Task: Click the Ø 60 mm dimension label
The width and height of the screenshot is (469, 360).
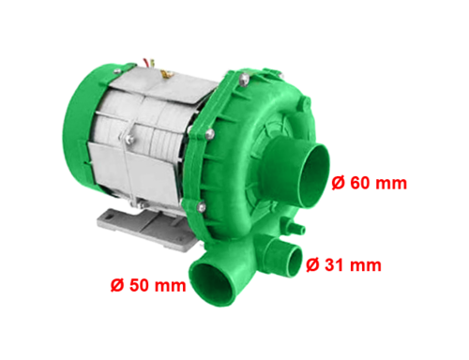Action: point(370,183)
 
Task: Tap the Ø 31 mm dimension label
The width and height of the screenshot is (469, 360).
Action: point(343,265)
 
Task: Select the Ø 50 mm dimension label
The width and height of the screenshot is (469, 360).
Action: point(148,285)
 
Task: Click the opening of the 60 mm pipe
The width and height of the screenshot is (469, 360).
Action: point(314,175)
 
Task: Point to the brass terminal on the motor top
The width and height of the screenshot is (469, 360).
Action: point(166,74)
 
